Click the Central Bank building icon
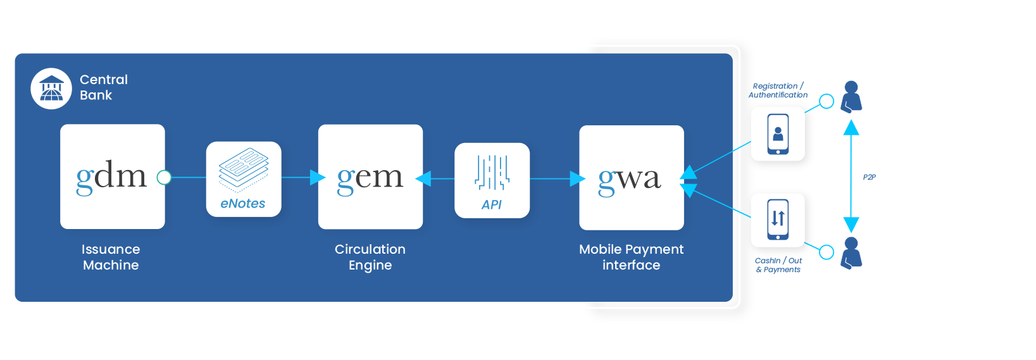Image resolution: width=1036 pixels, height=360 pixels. [x=51, y=89]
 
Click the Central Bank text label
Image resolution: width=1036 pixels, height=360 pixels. [x=103, y=87]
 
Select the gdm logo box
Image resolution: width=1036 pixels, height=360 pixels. [x=113, y=177]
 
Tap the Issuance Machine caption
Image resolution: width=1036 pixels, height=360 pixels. [x=111, y=257]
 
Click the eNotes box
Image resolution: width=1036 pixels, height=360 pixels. [x=244, y=179]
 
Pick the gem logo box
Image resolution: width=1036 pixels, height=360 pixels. [x=370, y=177]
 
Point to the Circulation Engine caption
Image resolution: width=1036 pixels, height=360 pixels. [x=370, y=257]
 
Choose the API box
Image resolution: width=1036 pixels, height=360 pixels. [x=492, y=180]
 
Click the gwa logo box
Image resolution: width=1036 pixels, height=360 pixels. [x=631, y=178]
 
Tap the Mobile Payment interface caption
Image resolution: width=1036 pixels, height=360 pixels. [x=631, y=257]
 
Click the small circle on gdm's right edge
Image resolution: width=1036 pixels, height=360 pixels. [x=164, y=177]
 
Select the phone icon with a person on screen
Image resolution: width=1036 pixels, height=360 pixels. [x=778, y=134]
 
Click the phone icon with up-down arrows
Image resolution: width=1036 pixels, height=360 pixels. [x=778, y=220]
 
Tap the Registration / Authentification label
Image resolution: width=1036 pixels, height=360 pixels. [x=778, y=90]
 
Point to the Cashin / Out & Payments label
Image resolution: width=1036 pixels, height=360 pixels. [x=778, y=265]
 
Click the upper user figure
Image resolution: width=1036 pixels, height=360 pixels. [x=851, y=97]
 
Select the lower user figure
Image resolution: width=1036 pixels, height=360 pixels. [x=851, y=253]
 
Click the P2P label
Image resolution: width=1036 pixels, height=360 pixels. [x=869, y=177]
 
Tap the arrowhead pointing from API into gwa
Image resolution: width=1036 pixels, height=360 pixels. [x=577, y=179]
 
